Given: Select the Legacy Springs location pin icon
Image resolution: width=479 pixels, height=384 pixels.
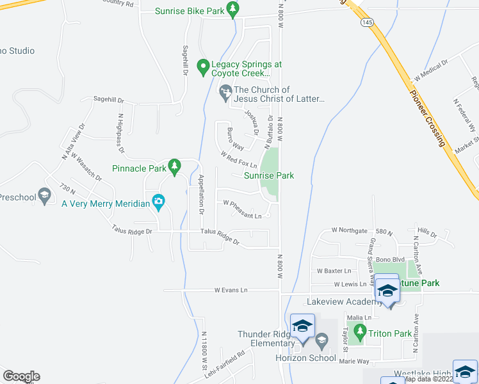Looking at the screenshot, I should [x=203, y=66].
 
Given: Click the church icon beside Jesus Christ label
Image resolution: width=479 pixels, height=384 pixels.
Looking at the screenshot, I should [x=225, y=93].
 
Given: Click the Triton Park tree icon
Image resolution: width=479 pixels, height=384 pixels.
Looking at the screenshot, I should [x=360, y=333].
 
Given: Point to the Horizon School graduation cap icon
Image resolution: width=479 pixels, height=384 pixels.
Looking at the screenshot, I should [x=322, y=340].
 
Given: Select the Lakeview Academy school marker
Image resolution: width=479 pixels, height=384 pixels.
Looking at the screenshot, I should [x=387, y=291].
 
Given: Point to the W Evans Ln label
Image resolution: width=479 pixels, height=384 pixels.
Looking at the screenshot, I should [x=231, y=291].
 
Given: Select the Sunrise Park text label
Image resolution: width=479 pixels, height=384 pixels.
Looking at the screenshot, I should [x=269, y=175].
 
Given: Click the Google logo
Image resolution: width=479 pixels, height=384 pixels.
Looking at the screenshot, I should [x=21, y=376].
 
